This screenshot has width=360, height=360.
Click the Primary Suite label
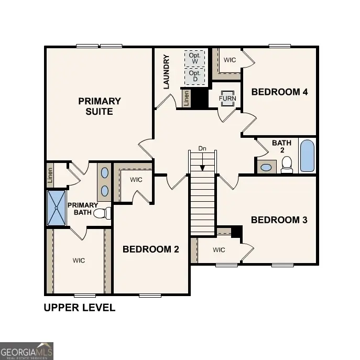pos(99,106)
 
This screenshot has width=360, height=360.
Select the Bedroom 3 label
pos(279,220)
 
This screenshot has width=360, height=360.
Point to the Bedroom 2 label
pos(151,249)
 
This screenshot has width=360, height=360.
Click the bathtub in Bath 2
pos(307,156)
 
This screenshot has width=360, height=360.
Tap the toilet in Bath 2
pos(287,165)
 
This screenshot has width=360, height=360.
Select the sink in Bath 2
pos(267,168)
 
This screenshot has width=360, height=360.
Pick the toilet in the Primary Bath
pos(107,213)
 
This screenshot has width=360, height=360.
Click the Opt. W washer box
pos(195,58)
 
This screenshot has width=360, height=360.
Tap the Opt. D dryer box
pos(195,77)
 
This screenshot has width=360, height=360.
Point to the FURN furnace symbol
pos(227,99)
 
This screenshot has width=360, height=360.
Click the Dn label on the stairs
pos(202,148)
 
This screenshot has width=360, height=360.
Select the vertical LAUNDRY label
pos(167,72)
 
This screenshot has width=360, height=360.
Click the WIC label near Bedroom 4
pos(230,60)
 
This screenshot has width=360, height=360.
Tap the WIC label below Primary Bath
pos(79,260)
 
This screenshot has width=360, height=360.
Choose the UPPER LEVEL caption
pos(79,308)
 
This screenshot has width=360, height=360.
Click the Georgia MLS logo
pos(26,351)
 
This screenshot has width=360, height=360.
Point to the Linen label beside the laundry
pos(186,98)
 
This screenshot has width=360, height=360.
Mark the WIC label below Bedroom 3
pos(219,250)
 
